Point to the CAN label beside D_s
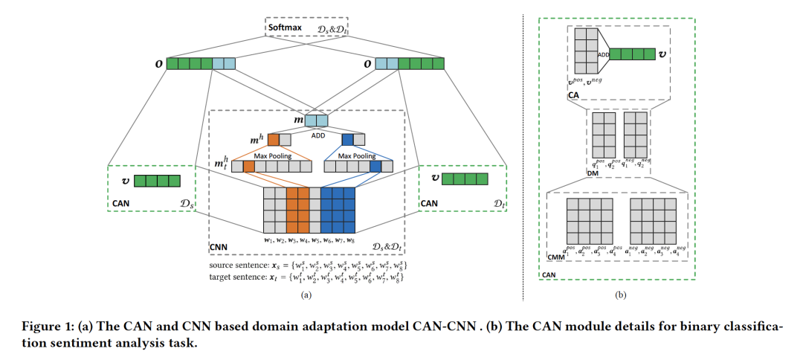point(121,202)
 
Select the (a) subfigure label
point(305,294)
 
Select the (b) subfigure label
point(621,295)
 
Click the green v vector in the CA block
point(631,54)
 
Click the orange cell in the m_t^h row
point(249,167)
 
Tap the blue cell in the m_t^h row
point(375,167)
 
